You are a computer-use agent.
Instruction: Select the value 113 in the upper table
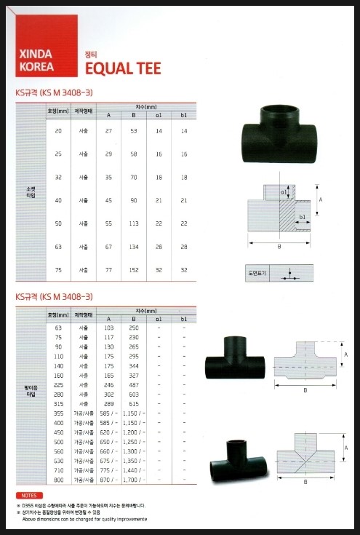coord(133,223)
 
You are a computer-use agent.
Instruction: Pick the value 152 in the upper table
coord(133,269)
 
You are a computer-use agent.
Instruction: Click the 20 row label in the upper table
coord(57,130)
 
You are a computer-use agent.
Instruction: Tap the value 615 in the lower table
coord(133,405)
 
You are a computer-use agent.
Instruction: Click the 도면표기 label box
coord(256,274)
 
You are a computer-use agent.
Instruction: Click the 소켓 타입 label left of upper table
coord(31,192)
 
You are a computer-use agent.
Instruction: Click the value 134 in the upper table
coord(133,247)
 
